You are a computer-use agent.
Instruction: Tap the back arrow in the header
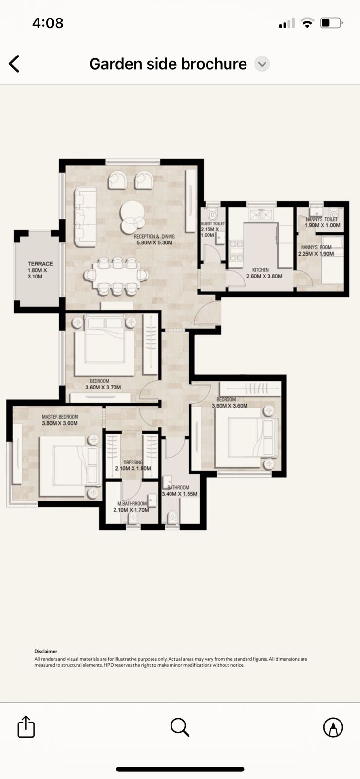coord(14,64)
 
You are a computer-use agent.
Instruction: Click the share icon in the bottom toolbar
coord(26,726)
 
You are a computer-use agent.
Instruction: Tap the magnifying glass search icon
coord(180,727)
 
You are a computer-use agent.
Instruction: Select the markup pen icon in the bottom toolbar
coord(333,727)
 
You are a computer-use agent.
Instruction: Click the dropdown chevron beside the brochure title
coord(262,64)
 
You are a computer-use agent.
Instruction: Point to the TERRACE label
coord(40,264)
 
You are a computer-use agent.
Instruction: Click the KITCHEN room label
coord(261,270)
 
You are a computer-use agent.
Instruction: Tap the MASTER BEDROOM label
coord(60,417)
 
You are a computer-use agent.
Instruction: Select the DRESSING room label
coord(133,462)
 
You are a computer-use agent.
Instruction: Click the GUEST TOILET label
coord(212,223)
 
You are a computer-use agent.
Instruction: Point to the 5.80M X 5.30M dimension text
coord(154,243)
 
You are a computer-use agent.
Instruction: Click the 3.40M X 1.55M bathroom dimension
coord(179,494)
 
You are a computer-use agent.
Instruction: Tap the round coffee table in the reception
coord(132,217)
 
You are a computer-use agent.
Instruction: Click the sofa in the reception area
coord(85,217)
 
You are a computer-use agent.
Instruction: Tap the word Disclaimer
coord(46,651)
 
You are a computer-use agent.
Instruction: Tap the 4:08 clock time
coord(48,23)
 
